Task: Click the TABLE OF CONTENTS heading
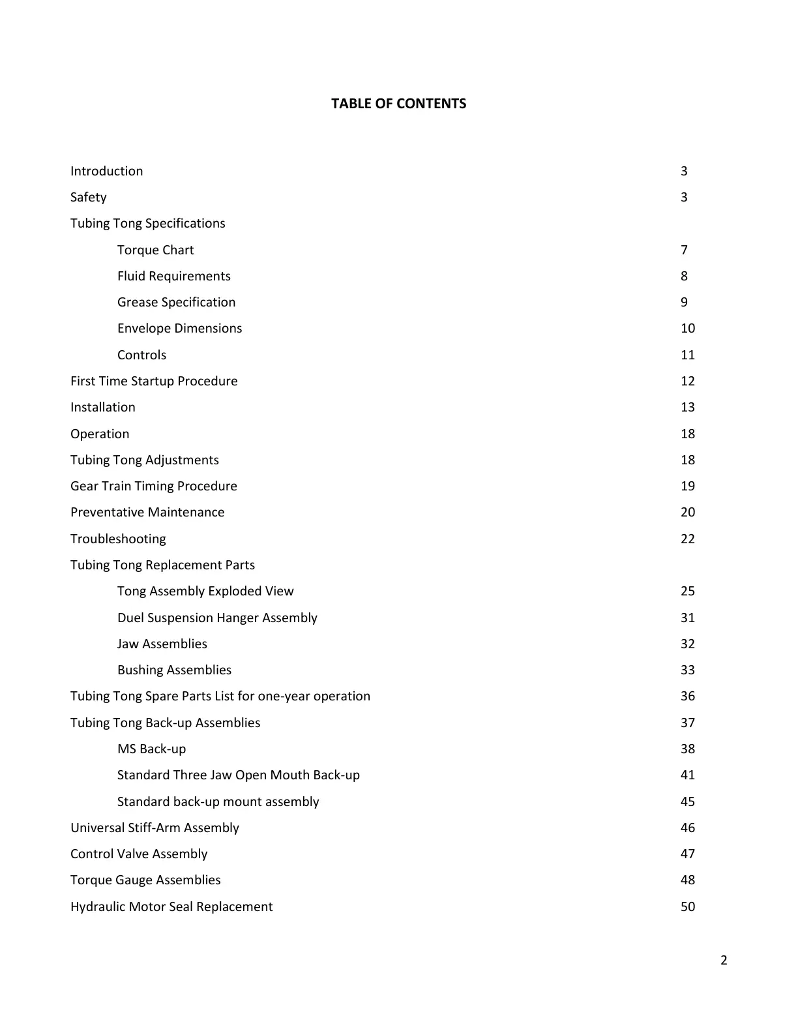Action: [x=398, y=104]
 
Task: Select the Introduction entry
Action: [x=106, y=171]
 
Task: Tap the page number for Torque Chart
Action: [x=684, y=250]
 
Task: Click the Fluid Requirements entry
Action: [x=173, y=276]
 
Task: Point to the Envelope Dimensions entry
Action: [x=179, y=328]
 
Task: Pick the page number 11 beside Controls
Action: [x=687, y=355]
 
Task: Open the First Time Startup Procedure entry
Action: [x=154, y=381]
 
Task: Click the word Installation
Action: [x=103, y=407]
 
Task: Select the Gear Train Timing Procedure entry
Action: [x=154, y=486]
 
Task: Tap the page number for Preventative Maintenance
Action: [x=687, y=512]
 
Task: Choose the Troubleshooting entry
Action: [x=118, y=539]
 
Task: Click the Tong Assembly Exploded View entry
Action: [x=205, y=591]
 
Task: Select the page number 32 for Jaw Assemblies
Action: [x=687, y=644]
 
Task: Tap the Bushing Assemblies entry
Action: [x=174, y=670]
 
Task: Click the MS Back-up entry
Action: [x=151, y=749]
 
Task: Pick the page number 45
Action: [x=687, y=801]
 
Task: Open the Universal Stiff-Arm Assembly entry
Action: [x=155, y=828]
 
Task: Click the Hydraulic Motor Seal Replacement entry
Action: [x=171, y=906]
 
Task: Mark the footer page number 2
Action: [x=724, y=960]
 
